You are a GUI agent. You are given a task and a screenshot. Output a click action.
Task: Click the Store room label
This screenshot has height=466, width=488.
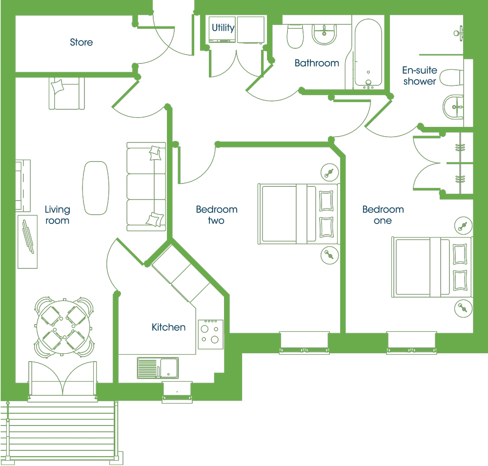[81, 42]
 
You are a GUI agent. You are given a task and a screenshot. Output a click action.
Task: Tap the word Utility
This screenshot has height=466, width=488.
[223, 28]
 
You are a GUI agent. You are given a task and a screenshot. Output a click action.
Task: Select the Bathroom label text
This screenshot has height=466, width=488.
[317, 63]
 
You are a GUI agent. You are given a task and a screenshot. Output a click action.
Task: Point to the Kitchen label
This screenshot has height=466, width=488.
[168, 327]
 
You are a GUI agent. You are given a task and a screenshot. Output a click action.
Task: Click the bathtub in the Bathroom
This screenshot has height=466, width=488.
[368, 52]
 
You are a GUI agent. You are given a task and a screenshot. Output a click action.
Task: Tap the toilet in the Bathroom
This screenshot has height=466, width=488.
[295, 36]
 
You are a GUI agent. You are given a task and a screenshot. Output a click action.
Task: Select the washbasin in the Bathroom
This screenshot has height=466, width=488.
[324, 34]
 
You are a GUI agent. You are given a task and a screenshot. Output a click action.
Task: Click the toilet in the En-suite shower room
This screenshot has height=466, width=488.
[452, 78]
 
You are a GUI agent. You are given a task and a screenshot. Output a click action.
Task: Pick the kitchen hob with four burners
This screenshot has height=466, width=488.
[211, 334]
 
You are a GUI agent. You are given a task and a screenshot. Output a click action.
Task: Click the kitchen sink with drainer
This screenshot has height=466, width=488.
[158, 368]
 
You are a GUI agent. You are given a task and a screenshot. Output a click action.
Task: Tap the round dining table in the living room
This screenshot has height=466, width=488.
[63, 327]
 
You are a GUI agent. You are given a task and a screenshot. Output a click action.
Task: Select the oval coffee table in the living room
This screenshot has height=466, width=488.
[96, 188]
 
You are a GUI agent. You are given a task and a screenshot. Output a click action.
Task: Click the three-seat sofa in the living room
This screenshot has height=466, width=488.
[146, 187]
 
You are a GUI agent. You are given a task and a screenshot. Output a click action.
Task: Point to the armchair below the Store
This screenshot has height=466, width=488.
[66, 93]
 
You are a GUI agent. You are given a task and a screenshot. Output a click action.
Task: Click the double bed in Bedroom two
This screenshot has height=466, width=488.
[298, 214]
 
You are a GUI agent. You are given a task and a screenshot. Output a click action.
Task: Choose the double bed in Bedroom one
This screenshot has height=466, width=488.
[432, 267]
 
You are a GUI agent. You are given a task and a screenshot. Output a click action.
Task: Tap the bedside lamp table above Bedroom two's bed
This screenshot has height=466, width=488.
[329, 172]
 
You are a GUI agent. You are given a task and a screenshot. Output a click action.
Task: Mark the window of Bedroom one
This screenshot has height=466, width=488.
[411, 343]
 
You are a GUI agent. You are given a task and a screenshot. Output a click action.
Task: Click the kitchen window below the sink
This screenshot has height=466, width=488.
[177, 392]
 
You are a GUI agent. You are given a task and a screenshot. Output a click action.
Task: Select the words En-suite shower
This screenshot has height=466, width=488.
[420, 76]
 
